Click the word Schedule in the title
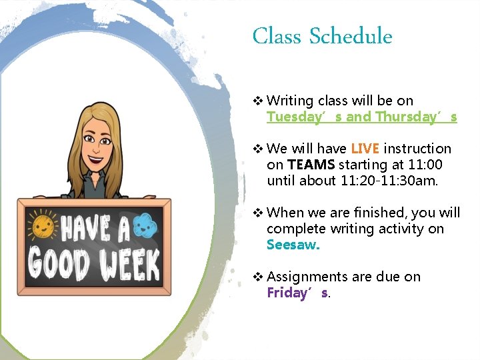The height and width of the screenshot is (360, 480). pos(351,36)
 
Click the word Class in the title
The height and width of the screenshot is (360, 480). pos(277,36)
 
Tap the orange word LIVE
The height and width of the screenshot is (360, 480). pos(364,149)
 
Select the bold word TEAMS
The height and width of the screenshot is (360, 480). pos(311,165)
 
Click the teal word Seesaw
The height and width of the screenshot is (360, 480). pos(293,245)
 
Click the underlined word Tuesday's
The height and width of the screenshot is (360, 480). pos(305,117)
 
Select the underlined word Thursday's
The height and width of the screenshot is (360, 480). pos(416,117)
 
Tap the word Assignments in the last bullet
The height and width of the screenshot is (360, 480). pos(307,277)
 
